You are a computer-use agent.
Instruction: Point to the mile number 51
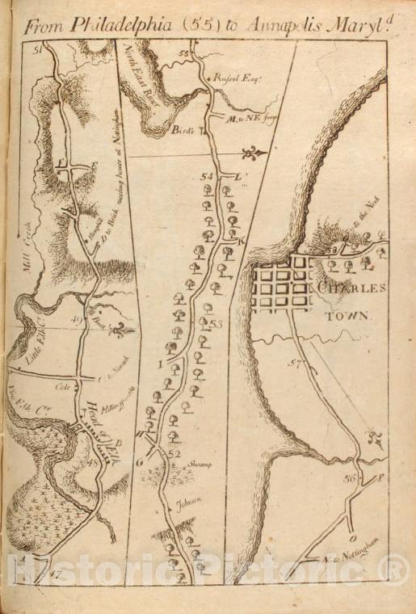pos(37,50)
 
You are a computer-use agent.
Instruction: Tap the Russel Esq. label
pos(234,78)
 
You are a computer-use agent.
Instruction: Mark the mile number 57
pos(296,364)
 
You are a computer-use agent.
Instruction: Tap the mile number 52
pos(173,453)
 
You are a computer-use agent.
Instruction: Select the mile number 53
pos(215,324)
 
